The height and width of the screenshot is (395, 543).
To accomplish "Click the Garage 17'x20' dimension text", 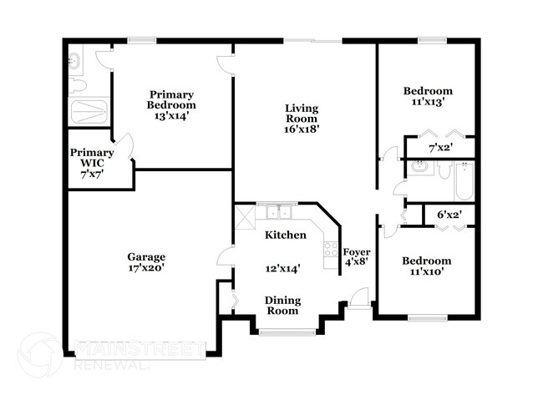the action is (146, 267).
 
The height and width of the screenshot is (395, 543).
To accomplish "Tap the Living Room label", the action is (302, 114).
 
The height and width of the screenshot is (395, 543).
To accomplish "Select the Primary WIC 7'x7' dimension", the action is (92, 175).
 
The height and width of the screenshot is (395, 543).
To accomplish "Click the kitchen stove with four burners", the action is (331, 249).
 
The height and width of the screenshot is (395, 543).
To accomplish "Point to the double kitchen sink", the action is (279, 212).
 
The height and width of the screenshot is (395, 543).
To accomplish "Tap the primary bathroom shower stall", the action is (89, 111).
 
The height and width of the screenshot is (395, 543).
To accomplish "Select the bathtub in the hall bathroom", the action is (464, 181).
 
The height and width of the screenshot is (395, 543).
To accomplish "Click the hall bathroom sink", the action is (420, 166).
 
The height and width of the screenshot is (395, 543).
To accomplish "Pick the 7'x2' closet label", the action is (441, 148).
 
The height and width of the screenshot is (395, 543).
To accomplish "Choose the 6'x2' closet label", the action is (449, 215).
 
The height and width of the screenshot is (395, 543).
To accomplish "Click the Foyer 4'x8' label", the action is (357, 256).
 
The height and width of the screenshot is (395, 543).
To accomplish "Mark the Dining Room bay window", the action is (287, 332).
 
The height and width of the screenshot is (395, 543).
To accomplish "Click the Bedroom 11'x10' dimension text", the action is (427, 271).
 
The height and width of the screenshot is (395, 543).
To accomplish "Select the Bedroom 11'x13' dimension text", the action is (428, 102).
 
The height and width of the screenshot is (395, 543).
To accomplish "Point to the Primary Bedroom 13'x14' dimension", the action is (171, 115).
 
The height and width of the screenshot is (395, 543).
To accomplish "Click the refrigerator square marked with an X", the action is (245, 217).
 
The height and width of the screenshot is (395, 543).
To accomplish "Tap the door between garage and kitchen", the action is (225, 257).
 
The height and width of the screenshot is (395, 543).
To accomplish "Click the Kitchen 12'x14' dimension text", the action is (282, 268).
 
